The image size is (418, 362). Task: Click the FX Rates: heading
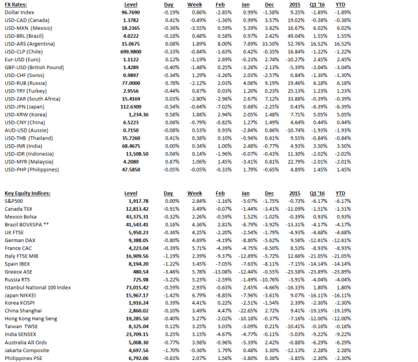click(17, 4)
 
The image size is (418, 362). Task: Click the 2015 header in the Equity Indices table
click(298, 194)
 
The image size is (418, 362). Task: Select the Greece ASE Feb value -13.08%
click(222, 271)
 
